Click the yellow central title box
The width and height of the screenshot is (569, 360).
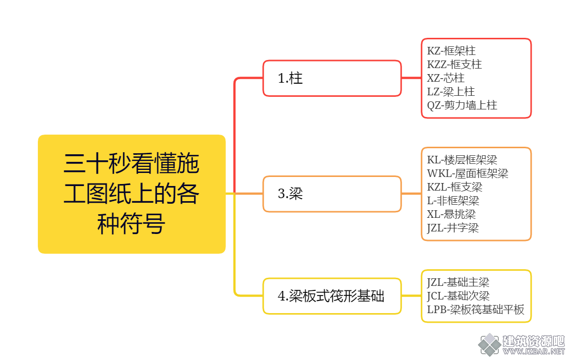(132, 194)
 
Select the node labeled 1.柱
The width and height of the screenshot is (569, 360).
(332, 78)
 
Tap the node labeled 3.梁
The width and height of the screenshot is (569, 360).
(332, 194)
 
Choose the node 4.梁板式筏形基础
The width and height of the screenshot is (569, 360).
(332, 296)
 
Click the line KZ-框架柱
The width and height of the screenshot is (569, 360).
(451, 51)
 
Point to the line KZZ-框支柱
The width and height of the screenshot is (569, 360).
(454, 65)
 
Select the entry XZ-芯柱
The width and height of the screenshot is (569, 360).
(445, 78)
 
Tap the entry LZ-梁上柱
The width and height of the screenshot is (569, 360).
(450, 92)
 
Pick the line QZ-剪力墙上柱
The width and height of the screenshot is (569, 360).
(462, 105)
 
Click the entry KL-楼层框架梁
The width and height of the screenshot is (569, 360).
(462, 160)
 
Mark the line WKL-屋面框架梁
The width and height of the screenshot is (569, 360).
(468, 173)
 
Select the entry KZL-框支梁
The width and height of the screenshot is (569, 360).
(454, 187)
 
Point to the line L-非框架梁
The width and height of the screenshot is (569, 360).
(453, 201)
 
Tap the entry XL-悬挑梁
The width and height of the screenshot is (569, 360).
(451, 214)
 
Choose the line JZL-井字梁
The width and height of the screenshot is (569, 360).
(452, 228)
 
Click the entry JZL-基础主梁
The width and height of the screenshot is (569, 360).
(458, 282)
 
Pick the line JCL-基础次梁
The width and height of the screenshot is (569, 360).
(458, 296)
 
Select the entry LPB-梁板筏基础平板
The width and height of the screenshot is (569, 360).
(475, 310)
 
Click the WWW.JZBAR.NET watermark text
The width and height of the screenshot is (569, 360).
(534, 351)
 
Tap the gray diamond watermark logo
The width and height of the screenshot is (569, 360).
(489, 344)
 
